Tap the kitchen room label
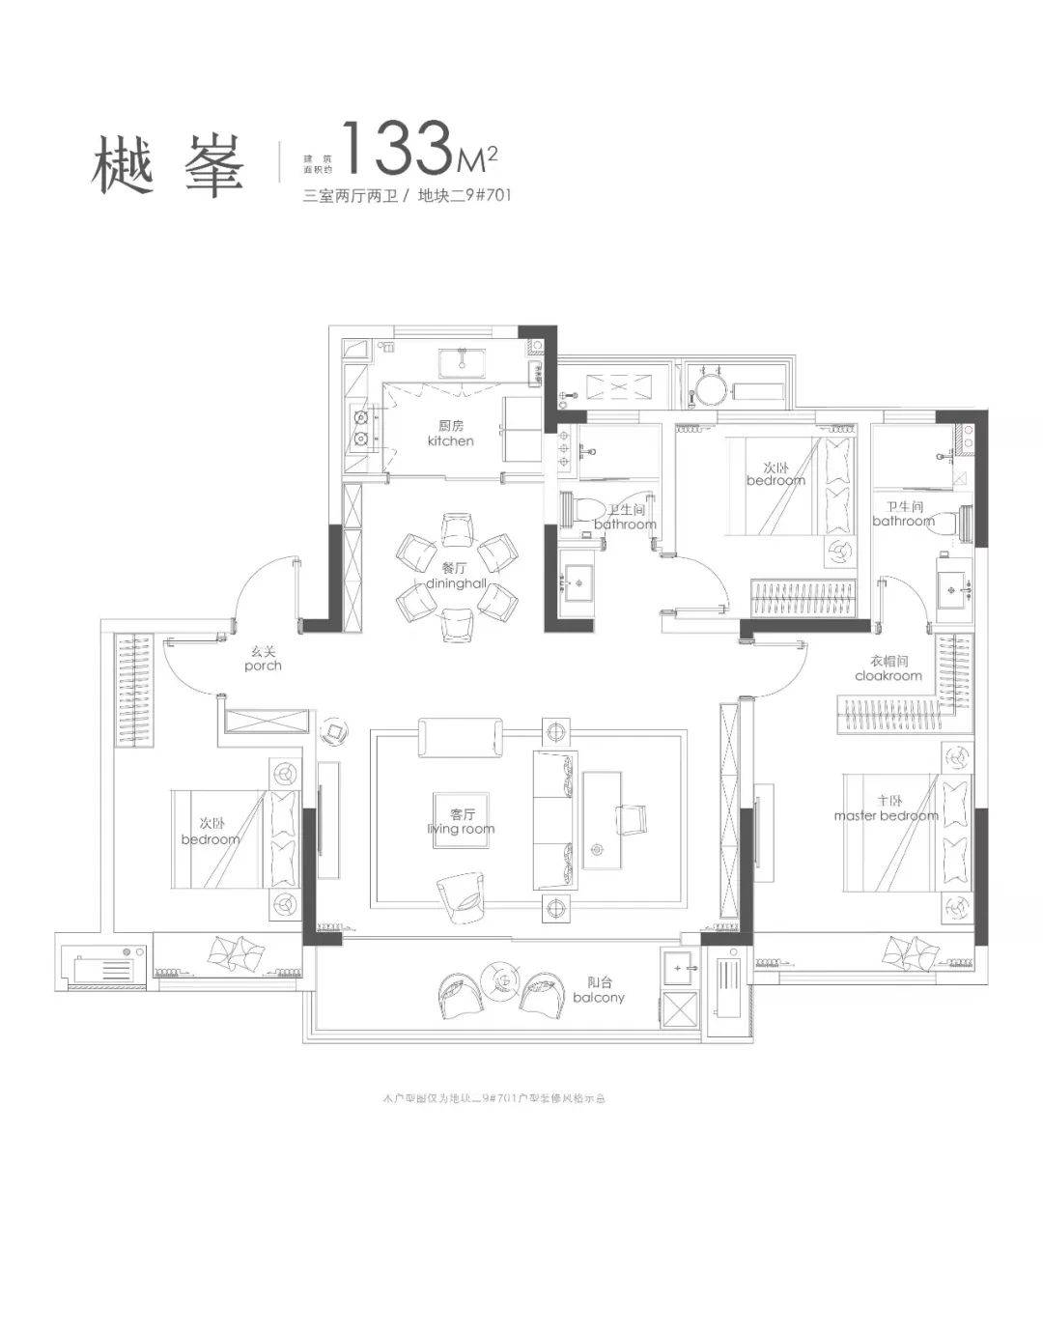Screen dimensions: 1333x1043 [x=450, y=434]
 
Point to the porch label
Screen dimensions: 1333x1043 [x=263, y=659]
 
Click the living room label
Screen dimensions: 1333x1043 [x=460, y=821]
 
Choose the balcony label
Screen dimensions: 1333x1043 [x=599, y=990]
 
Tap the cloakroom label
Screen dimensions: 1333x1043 [x=888, y=669]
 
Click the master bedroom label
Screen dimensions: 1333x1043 [x=886, y=808]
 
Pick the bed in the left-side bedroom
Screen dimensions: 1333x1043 [x=232, y=838]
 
